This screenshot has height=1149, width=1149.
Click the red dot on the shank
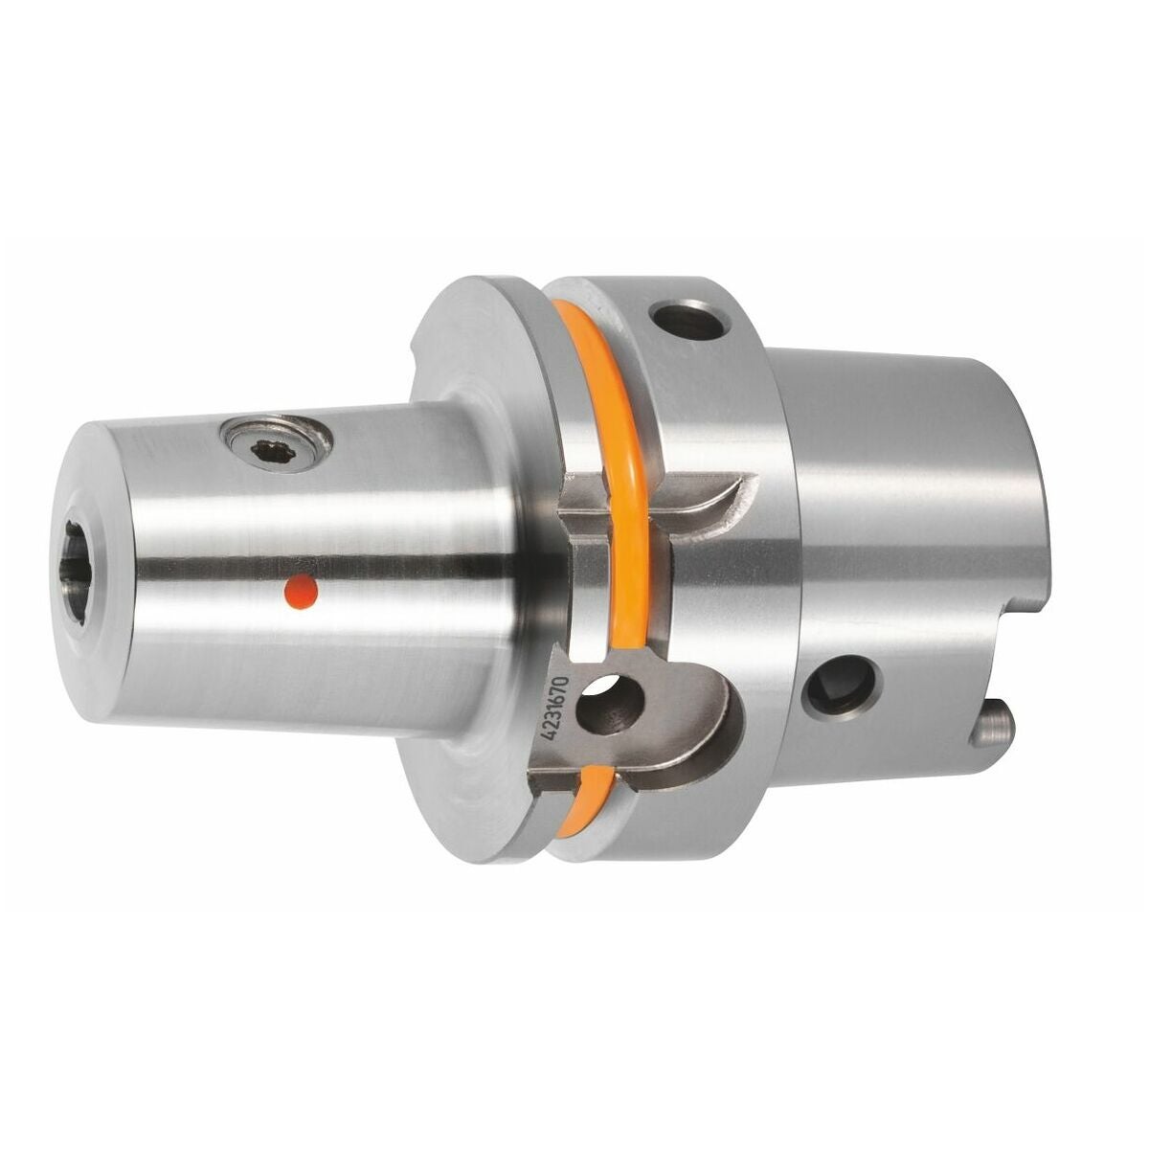[303, 591]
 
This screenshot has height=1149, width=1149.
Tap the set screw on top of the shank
[276, 445]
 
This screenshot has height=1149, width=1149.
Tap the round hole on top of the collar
[689, 320]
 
